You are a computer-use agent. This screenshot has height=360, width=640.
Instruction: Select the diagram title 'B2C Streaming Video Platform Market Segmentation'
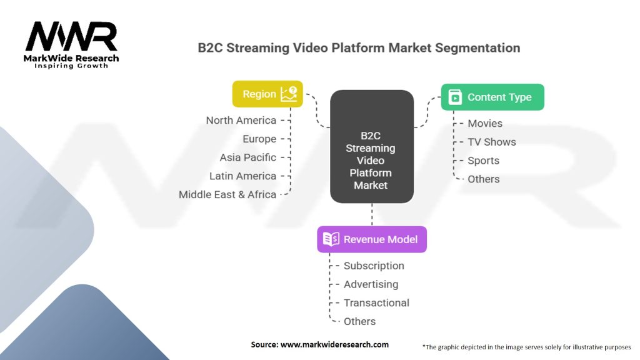(x=359, y=48)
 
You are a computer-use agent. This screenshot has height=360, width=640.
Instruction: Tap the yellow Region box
(x=267, y=94)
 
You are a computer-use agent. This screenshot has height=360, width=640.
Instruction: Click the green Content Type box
(x=492, y=97)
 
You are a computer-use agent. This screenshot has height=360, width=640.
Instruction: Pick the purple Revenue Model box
(x=371, y=239)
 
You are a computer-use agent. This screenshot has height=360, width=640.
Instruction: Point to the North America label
(x=241, y=120)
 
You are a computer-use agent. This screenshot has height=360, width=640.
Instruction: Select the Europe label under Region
(x=259, y=139)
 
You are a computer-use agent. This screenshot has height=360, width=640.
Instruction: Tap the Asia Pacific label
(x=248, y=157)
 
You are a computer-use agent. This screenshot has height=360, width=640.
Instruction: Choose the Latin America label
(x=242, y=176)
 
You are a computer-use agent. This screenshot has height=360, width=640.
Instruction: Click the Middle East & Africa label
(x=227, y=194)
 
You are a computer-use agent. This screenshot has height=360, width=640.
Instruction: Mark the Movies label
(x=485, y=124)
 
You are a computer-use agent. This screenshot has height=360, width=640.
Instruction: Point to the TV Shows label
(x=492, y=142)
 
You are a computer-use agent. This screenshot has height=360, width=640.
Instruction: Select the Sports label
(x=484, y=161)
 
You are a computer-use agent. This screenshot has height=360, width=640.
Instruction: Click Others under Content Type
(x=484, y=179)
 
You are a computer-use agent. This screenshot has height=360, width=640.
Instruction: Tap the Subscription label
(x=374, y=266)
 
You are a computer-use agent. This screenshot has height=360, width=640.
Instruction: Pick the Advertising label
(x=371, y=284)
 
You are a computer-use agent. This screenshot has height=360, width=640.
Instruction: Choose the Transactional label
(x=376, y=303)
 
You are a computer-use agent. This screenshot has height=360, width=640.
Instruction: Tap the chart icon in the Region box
(x=289, y=94)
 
